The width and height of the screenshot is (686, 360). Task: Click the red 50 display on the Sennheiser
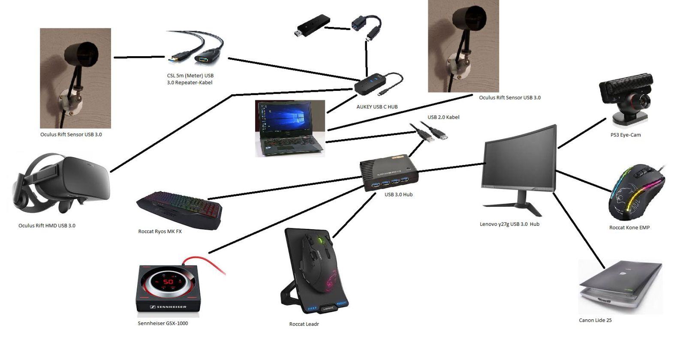(168, 282)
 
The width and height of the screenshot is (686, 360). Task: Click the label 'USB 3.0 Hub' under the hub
(398, 195)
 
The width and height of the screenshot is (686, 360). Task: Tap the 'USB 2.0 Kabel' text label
(443, 117)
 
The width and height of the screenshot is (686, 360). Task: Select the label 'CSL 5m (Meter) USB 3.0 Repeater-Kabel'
(190, 79)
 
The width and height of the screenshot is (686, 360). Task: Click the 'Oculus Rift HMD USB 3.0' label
(47, 225)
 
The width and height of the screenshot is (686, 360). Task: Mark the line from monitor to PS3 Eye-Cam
(581, 133)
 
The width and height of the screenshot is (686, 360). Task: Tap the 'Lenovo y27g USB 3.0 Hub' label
(509, 224)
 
